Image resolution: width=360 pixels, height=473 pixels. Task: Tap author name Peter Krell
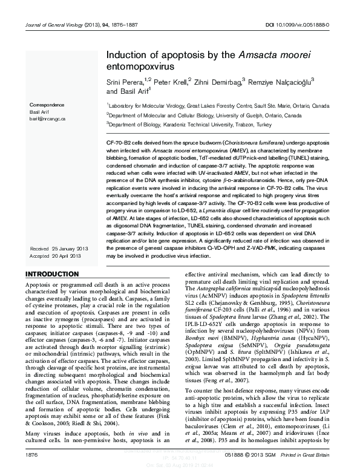coord(170,80)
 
